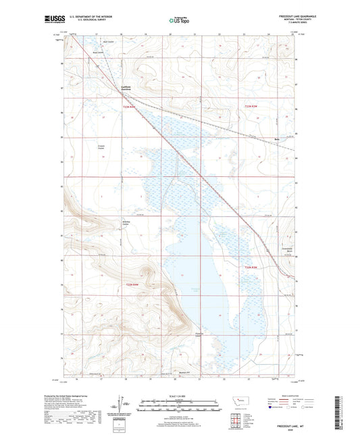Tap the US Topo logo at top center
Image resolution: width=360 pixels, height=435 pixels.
(x=178, y=21)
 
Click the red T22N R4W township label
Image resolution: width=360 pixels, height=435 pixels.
(x=129, y=106)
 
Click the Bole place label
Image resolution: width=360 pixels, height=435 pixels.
(x=276, y=141)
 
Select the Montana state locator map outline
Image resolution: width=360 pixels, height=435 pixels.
(x=240, y=401)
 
